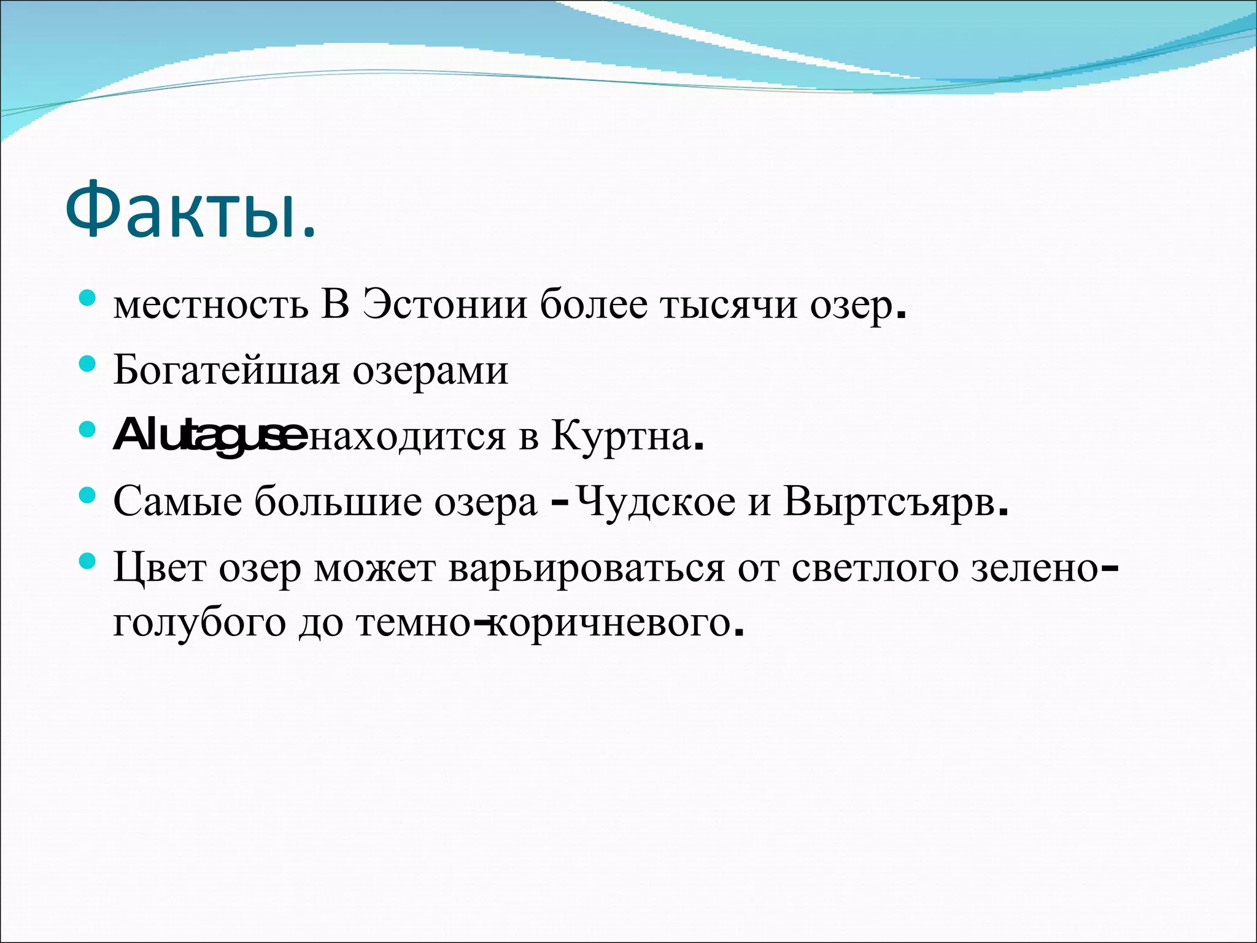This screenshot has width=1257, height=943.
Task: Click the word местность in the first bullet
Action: point(211,305)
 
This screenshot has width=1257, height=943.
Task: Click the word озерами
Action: point(430,372)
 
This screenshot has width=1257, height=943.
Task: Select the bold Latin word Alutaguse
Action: point(209,437)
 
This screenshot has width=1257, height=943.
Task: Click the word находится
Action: point(406,437)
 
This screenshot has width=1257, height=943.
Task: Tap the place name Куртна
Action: point(621,437)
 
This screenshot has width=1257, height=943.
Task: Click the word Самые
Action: point(177,502)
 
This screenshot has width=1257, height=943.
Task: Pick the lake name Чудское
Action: point(656,502)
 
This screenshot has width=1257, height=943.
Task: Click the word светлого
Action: point(875,568)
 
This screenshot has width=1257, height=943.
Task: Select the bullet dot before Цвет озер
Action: point(87,561)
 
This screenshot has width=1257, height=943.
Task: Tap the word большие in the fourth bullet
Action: point(338,502)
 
